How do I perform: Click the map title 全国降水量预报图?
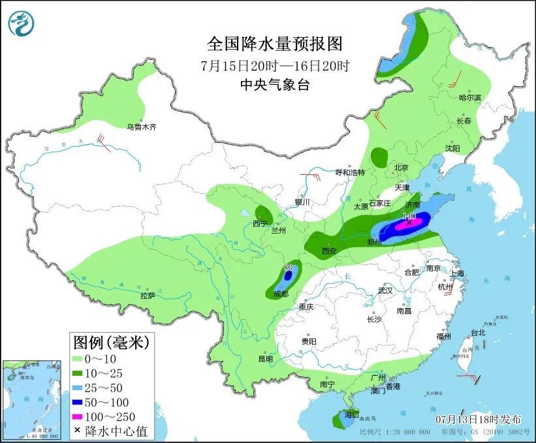coord(274,44)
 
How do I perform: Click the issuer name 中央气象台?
coord(274,84)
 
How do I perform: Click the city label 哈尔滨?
coord(469,98)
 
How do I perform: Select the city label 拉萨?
coord(147,296)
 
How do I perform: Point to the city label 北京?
coord(400,168)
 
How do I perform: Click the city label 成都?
coord(281,294)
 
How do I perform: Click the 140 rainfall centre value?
coord(409,215)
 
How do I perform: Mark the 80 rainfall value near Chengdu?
coord(288,267)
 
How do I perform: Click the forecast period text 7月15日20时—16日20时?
coord(274,65)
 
